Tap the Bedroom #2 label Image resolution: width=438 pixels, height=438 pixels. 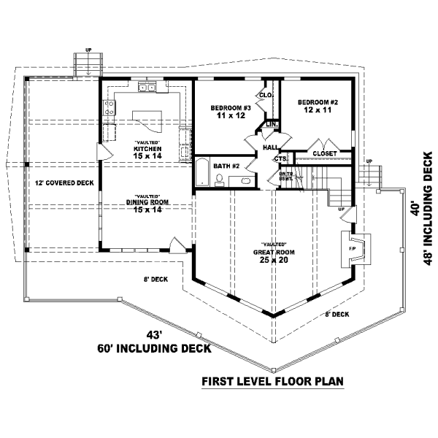coord(318,106)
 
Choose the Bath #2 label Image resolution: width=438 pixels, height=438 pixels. coord(227,166)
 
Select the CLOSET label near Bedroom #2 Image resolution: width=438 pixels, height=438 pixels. coord(324,153)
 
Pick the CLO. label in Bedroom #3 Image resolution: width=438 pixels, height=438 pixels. coord(266,95)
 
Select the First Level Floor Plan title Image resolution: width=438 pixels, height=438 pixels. coord(273,382)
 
